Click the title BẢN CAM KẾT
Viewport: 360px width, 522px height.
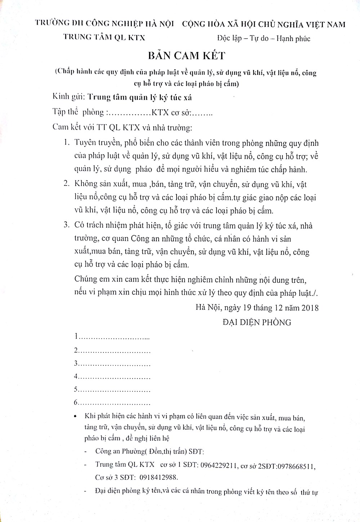click(186, 56)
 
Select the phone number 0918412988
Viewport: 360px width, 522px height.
click(157, 477)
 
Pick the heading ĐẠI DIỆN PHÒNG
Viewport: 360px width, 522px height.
click(257, 322)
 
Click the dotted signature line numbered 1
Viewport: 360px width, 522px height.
click(114, 337)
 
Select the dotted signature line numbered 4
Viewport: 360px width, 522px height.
click(114, 377)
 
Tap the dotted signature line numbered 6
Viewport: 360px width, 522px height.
click(114, 403)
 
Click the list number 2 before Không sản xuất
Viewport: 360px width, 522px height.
click(66, 184)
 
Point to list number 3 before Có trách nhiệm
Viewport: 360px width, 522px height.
click(66, 226)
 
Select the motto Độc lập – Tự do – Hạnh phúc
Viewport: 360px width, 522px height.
click(264, 39)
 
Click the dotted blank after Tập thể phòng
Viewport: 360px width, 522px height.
click(129, 113)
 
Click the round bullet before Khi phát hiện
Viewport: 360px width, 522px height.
click(75, 416)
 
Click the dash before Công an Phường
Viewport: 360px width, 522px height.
click(85, 452)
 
